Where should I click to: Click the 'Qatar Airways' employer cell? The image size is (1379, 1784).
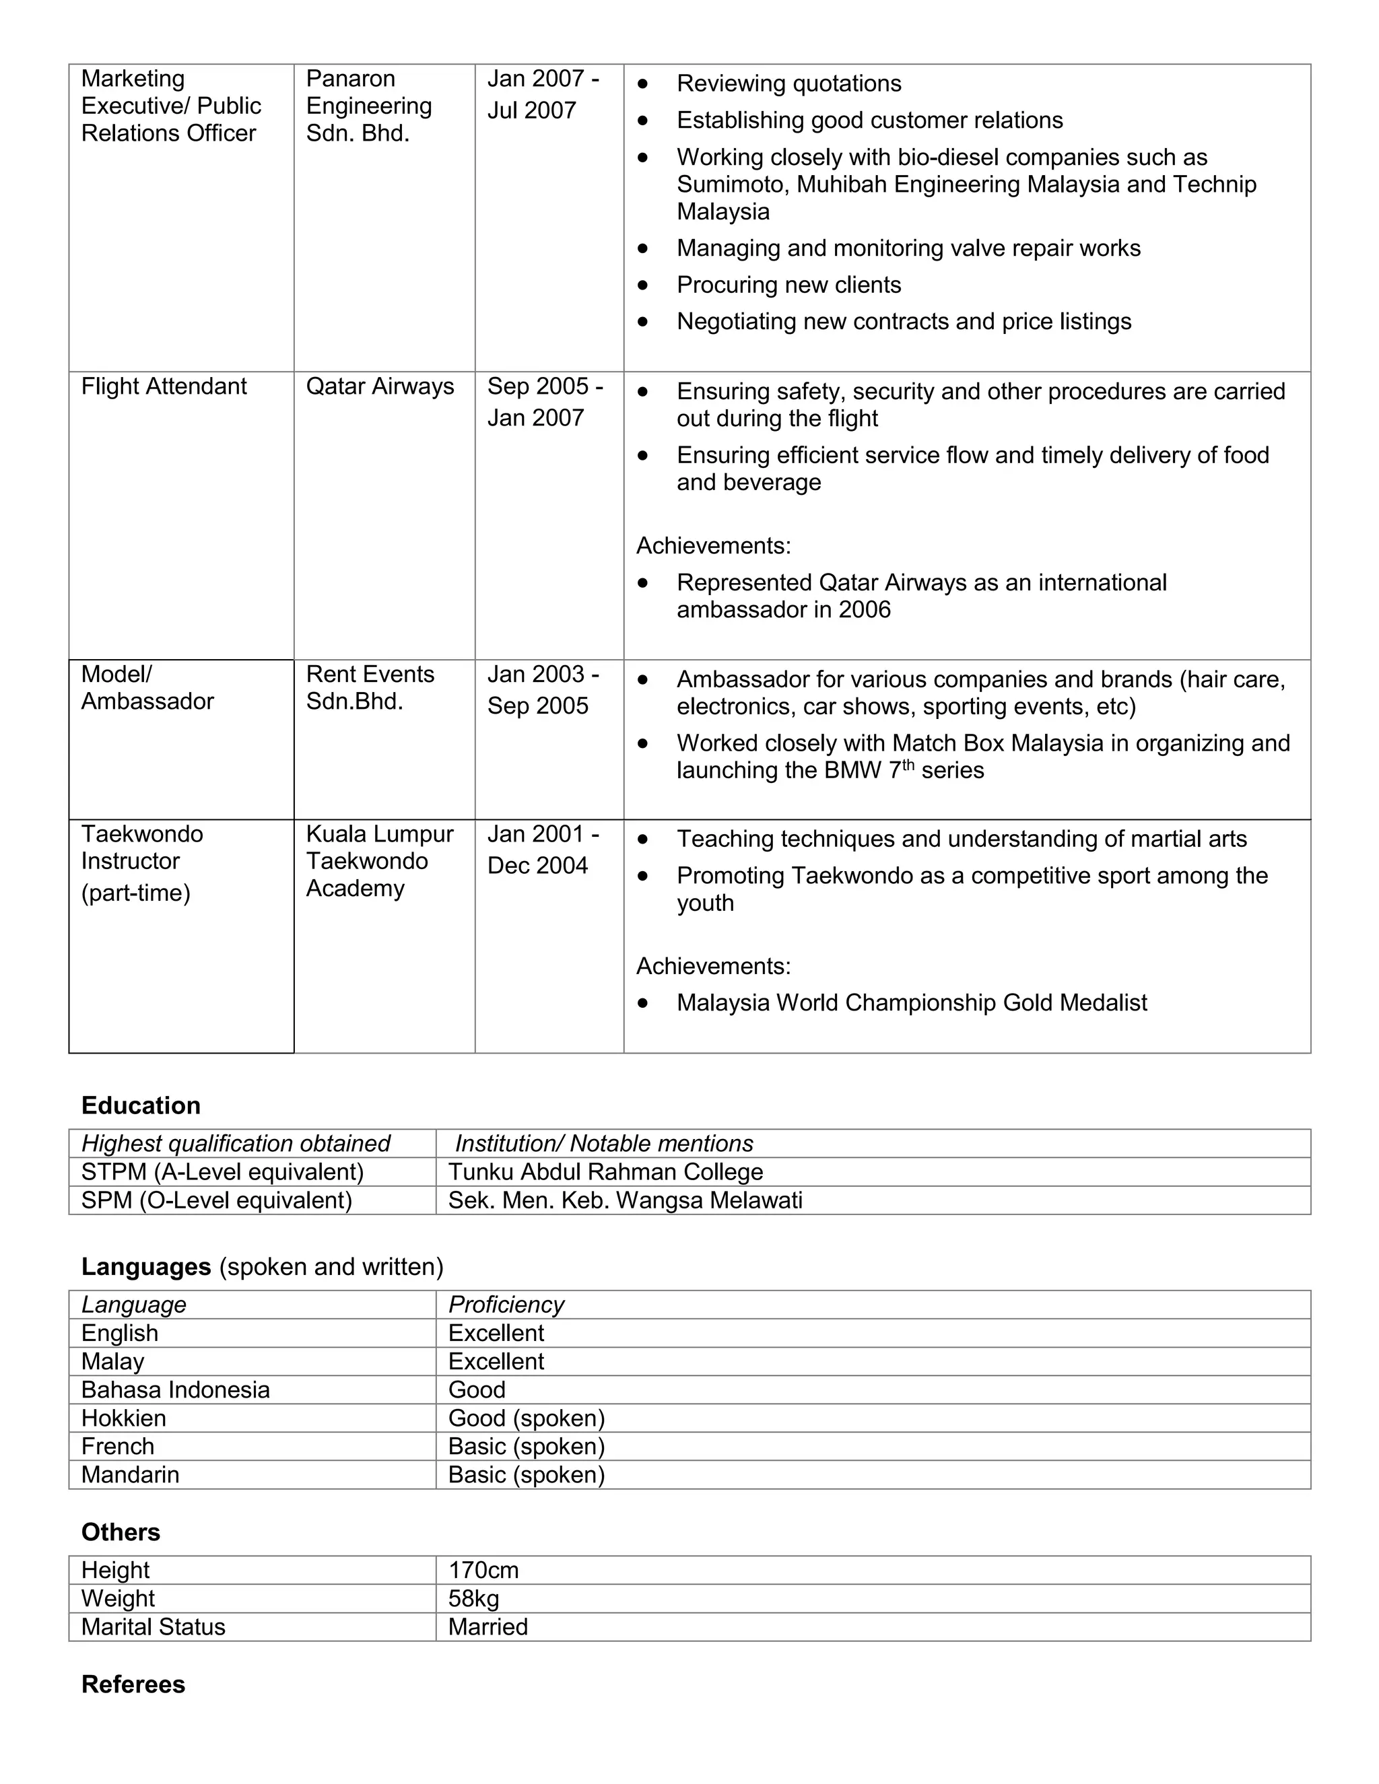pos(380,386)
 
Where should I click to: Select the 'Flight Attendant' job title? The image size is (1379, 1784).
pos(164,386)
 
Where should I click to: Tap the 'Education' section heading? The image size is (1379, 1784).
pos(141,1105)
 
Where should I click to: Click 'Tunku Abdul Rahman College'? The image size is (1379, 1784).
pos(605,1171)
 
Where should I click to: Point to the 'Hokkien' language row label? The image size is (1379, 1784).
pos(123,1417)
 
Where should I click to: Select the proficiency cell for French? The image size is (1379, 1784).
pos(526,1446)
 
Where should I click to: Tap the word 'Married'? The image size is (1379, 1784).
pos(487,1626)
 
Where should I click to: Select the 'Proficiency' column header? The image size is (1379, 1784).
pos(506,1305)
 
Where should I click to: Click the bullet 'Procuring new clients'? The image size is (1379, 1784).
pos(788,284)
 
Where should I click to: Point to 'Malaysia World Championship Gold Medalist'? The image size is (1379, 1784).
pos(912,1002)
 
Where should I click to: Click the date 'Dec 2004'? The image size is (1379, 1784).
pos(537,865)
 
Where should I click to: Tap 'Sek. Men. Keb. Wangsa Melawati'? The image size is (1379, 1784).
pos(625,1200)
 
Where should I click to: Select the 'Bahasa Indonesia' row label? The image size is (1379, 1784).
pos(175,1390)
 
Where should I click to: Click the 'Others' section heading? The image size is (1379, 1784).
pos(121,1532)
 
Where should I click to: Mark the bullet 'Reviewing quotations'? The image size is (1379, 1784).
pos(788,83)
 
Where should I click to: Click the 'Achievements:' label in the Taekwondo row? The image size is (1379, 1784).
pos(713,965)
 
